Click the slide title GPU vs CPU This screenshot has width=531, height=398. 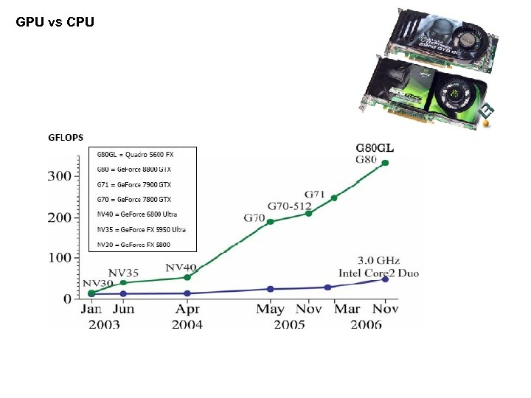click(x=55, y=22)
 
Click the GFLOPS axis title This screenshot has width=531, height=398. click(x=66, y=137)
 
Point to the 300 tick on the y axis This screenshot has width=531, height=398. click(x=61, y=176)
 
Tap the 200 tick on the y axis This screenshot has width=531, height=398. click(x=61, y=217)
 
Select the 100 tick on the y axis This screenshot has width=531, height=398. click(x=61, y=258)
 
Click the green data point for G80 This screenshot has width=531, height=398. click(x=385, y=163)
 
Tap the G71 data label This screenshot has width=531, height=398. click(x=315, y=195)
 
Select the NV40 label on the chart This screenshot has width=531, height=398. click(x=181, y=267)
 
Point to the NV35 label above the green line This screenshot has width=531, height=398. click(x=123, y=273)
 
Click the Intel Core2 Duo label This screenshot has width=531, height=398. click(x=378, y=273)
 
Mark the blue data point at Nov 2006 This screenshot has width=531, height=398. click(x=385, y=279)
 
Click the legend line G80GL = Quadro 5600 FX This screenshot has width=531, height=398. click(x=136, y=155)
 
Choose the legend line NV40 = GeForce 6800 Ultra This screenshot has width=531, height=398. click(x=137, y=214)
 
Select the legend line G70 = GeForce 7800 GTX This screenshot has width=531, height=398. click(x=134, y=199)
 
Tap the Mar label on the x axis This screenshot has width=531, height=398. click(x=347, y=309)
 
